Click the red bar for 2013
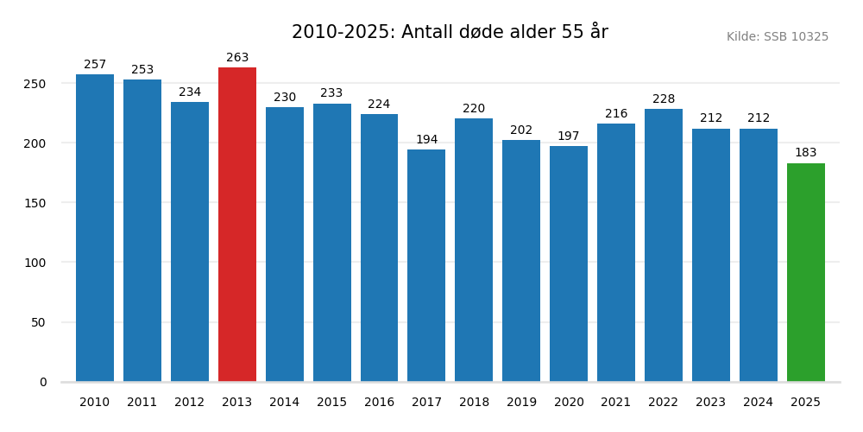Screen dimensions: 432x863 click(x=237, y=225)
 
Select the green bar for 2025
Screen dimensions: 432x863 click(x=806, y=272)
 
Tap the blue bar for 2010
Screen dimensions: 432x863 click(x=95, y=228)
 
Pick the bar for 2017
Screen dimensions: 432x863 click(x=426, y=265)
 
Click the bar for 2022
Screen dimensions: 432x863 click(x=664, y=245)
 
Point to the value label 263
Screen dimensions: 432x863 click(x=237, y=58)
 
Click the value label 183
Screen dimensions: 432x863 click(x=806, y=153)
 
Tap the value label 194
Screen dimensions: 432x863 click(x=426, y=140)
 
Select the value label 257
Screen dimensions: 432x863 click(x=95, y=65)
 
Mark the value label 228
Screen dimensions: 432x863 click(x=664, y=99)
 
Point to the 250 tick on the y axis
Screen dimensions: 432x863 click(x=35, y=84)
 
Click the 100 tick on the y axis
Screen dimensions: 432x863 click(x=35, y=263)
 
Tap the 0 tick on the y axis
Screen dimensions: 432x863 click(x=43, y=382)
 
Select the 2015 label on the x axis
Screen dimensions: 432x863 click(x=331, y=403)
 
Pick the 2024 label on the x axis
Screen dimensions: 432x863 click(x=759, y=403)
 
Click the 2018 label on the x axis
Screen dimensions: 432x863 click(x=474, y=403)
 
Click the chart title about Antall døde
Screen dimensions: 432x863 click(x=450, y=33)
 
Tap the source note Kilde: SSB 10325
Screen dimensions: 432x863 click(x=777, y=37)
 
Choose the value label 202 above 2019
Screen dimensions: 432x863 click(x=521, y=130)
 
